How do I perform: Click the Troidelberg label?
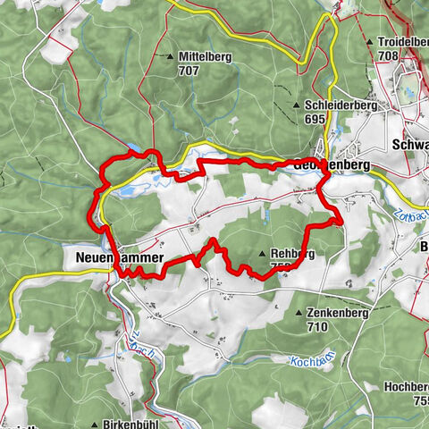[x=400, y=42]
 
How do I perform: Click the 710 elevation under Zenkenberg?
[x=317, y=327]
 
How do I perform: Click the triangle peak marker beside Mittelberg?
[x=171, y=56]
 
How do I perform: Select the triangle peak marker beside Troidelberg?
[x=369, y=42]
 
